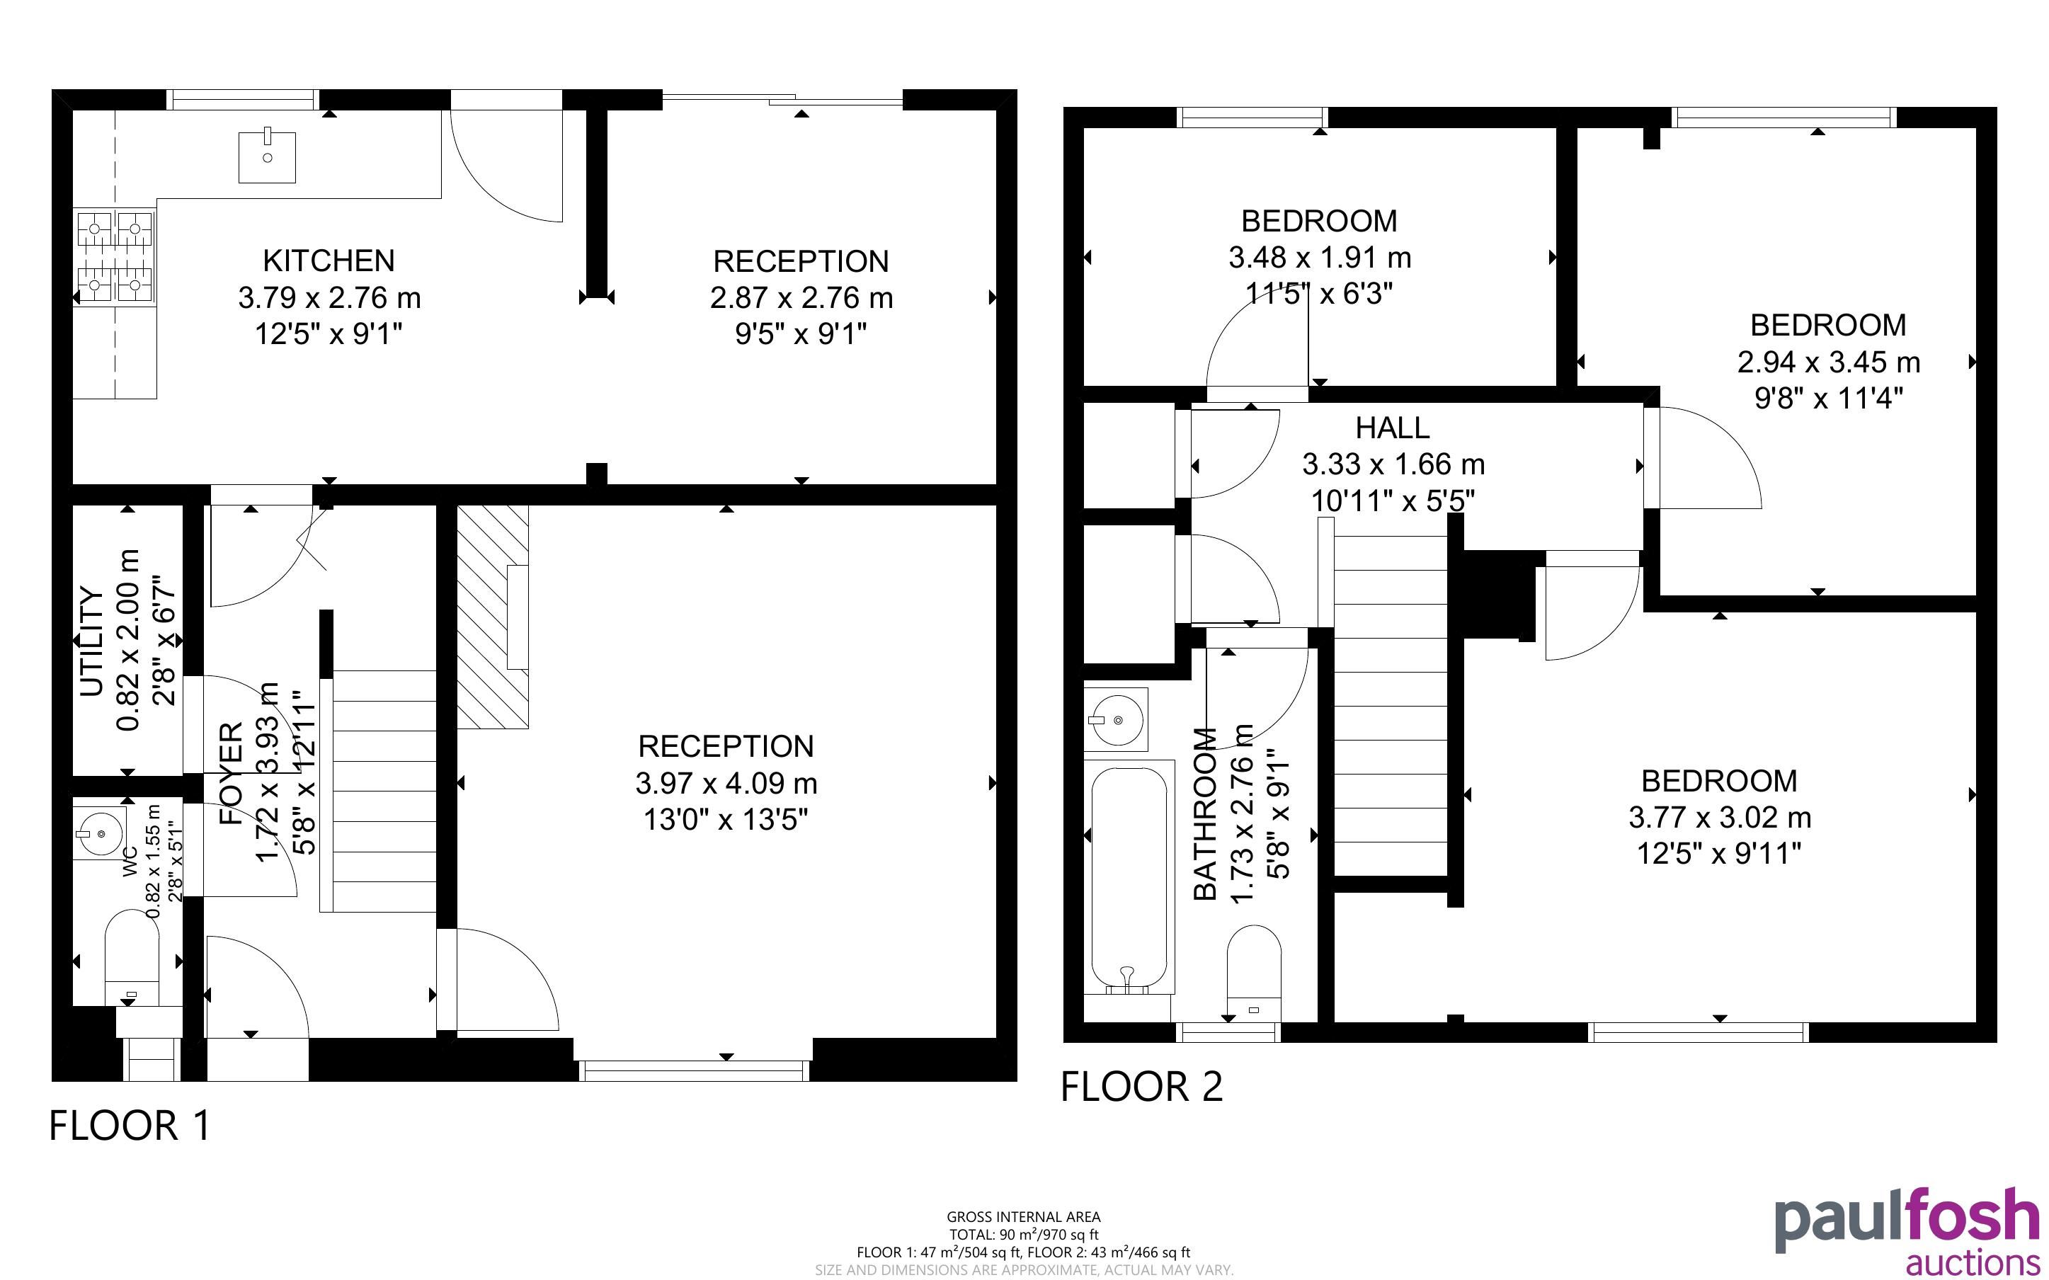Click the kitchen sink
pyautogui.click(x=267, y=156)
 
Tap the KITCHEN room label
pyautogui.click(x=329, y=260)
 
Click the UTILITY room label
pyautogui.click(x=91, y=641)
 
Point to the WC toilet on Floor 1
pyautogui.click(x=131, y=956)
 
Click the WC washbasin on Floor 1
pyautogui.click(x=99, y=833)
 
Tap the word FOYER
pyautogui.click(x=231, y=772)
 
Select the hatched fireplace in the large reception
pyautogui.click(x=493, y=617)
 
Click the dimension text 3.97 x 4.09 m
pyautogui.click(x=726, y=783)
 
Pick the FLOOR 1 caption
pyautogui.click(x=130, y=1126)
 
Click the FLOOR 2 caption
pyautogui.click(x=1142, y=1086)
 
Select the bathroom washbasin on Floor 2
pyautogui.click(x=1117, y=719)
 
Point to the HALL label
pyautogui.click(x=1392, y=428)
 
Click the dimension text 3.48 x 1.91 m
pyautogui.click(x=1320, y=256)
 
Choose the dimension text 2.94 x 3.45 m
pyautogui.click(x=1828, y=362)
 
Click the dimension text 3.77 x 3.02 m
pyautogui.click(x=1720, y=817)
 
